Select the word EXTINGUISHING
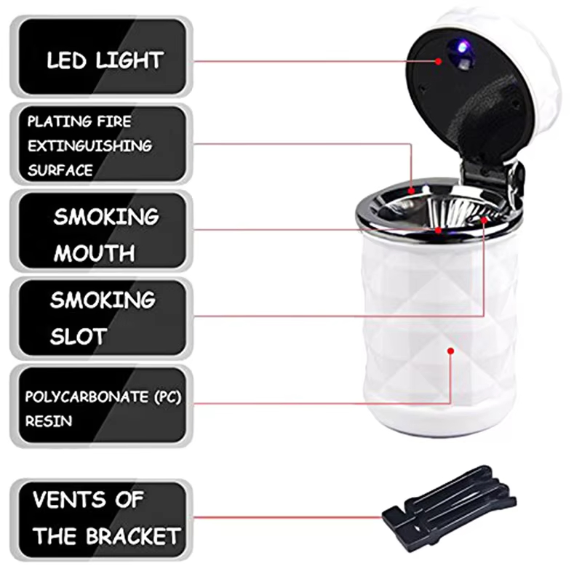(x=89, y=145)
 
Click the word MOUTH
(x=94, y=253)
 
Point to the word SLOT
(x=79, y=336)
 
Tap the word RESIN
(x=49, y=421)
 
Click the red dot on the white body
(x=451, y=351)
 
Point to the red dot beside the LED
(x=439, y=61)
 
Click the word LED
(x=68, y=60)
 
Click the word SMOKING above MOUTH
(x=105, y=216)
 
